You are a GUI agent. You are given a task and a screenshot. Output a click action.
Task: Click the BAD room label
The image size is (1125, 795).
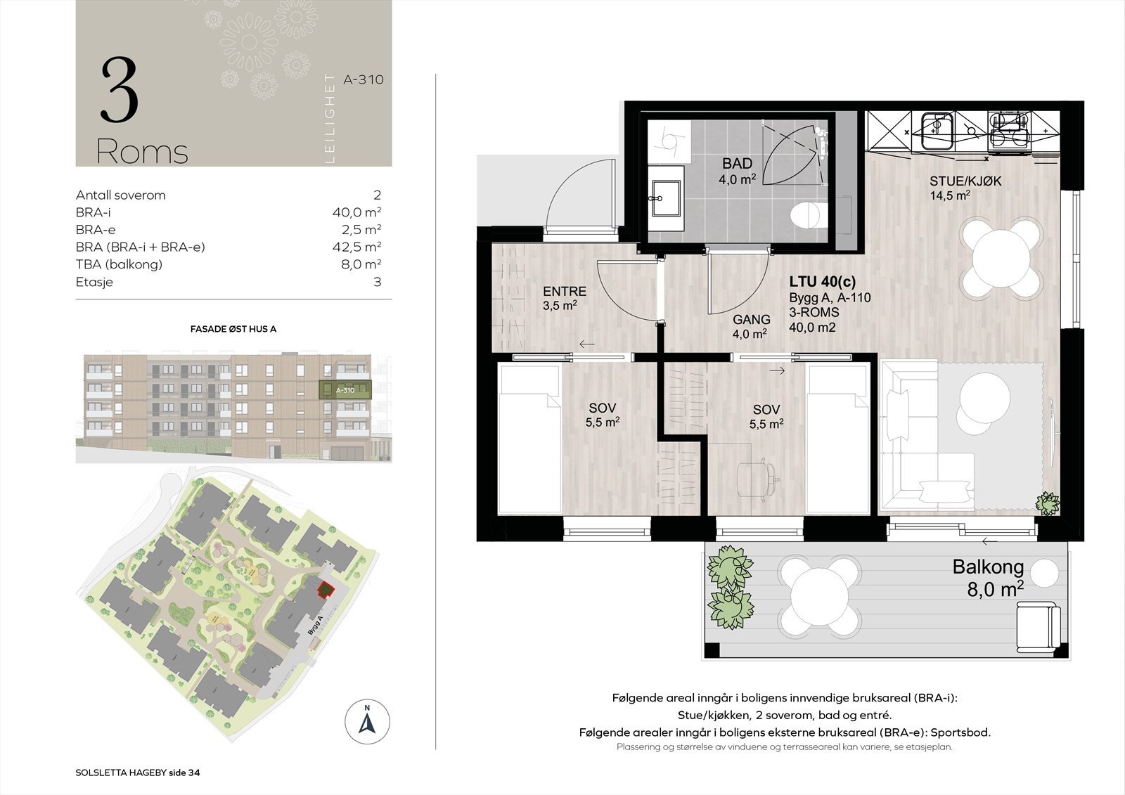click(x=738, y=163)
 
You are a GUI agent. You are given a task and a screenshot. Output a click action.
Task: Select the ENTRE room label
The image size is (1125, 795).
click(x=565, y=291)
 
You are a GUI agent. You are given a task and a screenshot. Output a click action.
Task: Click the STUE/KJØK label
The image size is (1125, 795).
click(x=965, y=181)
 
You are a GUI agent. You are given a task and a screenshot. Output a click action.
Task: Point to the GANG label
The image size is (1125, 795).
click(x=752, y=319)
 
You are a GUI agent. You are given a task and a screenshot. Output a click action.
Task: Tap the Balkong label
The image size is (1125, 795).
click(x=988, y=567)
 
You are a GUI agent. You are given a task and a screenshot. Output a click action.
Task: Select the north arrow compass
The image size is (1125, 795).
click(x=367, y=722)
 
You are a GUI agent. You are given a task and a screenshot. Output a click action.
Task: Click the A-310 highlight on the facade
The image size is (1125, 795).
click(x=345, y=389)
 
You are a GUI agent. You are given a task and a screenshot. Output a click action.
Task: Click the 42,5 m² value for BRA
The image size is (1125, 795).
click(x=356, y=247)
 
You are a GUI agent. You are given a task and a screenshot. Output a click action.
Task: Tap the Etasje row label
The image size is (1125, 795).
click(x=94, y=283)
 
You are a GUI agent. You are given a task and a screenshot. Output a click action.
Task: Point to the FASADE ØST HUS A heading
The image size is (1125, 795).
click(x=233, y=330)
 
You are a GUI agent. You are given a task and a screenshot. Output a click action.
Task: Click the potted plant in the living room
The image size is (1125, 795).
click(x=1048, y=503)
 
